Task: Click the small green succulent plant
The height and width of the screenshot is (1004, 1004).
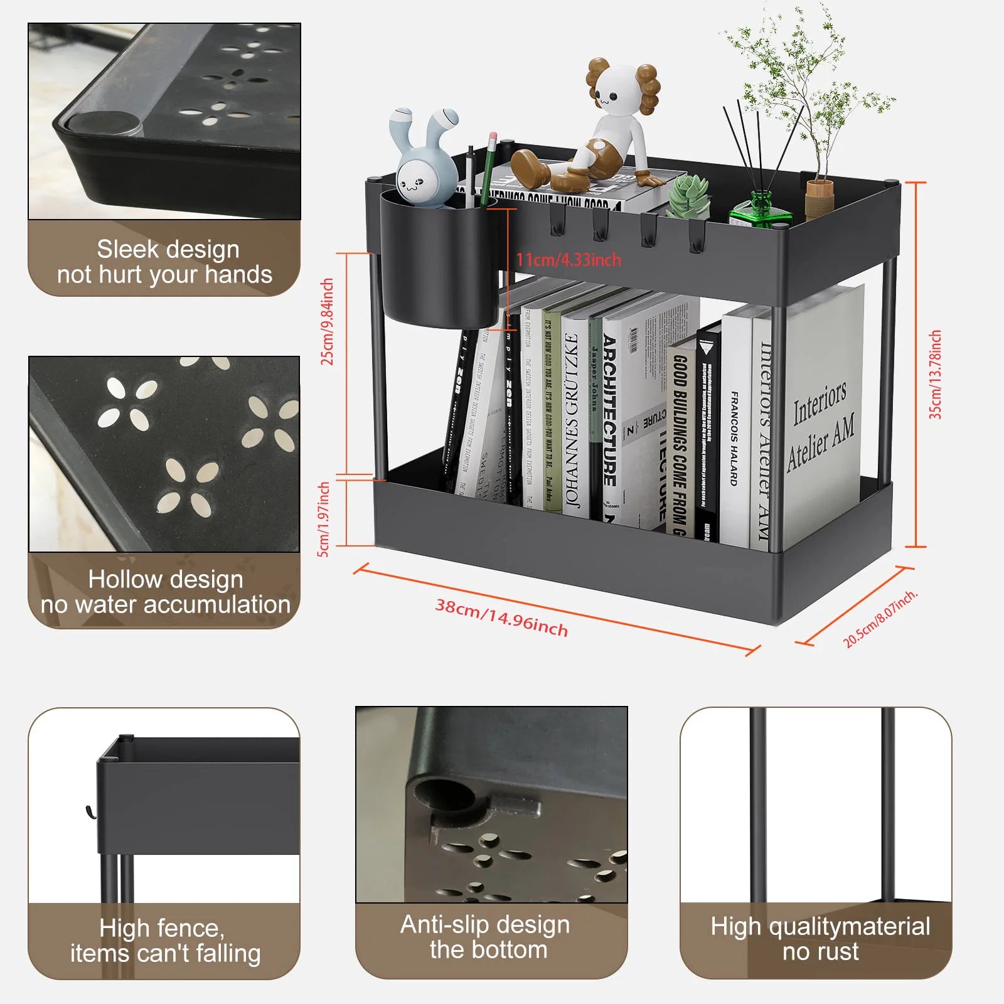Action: click(688, 195)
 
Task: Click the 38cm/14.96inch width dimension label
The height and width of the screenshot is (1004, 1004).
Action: click(501, 618)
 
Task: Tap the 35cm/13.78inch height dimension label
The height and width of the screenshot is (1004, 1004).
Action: click(935, 375)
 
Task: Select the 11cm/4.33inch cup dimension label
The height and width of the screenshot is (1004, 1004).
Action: click(569, 260)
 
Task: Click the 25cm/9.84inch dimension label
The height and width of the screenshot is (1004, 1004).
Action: click(327, 321)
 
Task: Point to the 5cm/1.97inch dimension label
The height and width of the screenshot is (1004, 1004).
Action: click(324, 519)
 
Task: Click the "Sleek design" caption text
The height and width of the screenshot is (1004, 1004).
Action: click(168, 249)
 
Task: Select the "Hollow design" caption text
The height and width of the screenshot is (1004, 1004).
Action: click(166, 579)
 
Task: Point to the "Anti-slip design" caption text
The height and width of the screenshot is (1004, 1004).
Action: click(485, 924)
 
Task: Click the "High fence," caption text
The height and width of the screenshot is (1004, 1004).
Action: click(161, 927)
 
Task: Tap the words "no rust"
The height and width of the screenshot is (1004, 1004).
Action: click(820, 952)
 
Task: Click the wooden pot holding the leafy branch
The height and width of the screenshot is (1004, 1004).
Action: click(819, 197)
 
